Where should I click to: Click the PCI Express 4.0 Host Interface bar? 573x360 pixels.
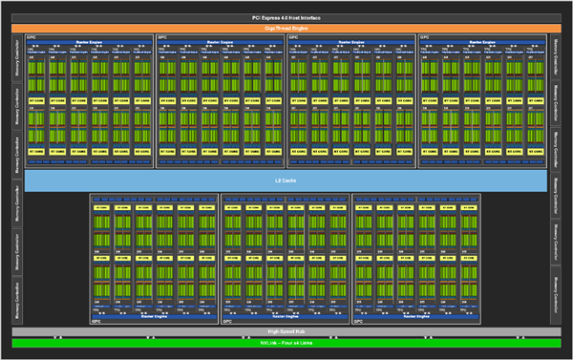[x=286, y=17]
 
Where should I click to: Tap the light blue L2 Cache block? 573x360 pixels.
[x=286, y=180]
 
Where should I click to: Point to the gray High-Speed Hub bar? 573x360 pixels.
[x=286, y=332]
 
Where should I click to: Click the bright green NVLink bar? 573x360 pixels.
[x=286, y=342]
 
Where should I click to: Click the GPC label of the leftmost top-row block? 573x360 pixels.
[x=31, y=38]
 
